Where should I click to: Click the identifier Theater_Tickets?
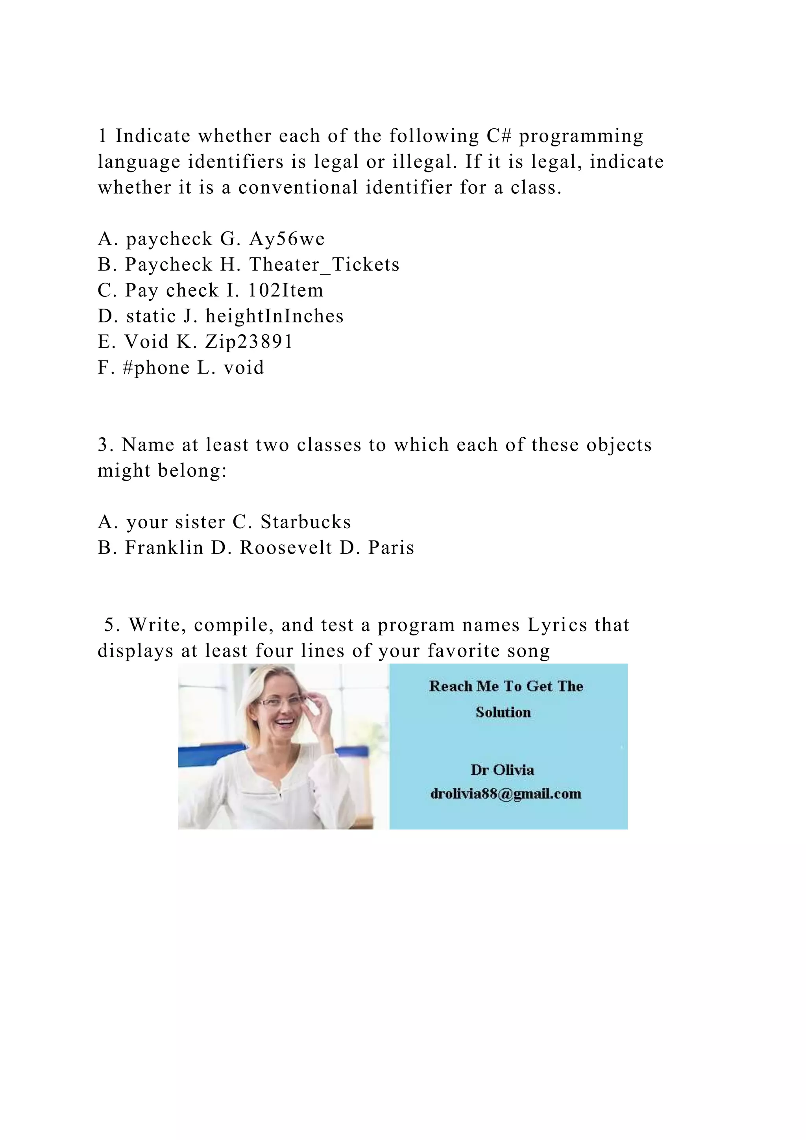(x=324, y=265)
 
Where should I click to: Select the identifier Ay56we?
(x=287, y=239)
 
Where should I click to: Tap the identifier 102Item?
(x=285, y=291)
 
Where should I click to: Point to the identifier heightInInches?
(x=274, y=316)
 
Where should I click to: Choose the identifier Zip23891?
(x=249, y=342)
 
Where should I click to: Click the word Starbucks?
(x=306, y=522)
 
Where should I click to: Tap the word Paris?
(x=391, y=548)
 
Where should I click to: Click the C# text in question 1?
(x=499, y=135)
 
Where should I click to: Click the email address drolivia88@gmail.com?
(x=506, y=794)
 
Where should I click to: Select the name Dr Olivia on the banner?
(x=502, y=770)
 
